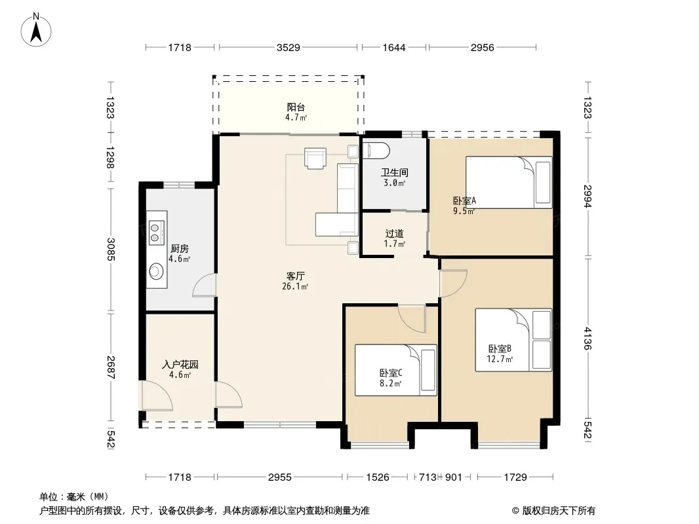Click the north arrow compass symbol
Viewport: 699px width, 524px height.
pyautogui.click(x=36, y=29)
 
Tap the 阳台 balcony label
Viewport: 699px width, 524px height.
pyautogui.click(x=296, y=107)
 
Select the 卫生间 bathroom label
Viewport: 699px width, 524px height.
pyautogui.click(x=394, y=172)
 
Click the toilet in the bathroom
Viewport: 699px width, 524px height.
pyautogui.click(x=376, y=151)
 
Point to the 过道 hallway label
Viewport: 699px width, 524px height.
pyautogui.click(x=395, y=233)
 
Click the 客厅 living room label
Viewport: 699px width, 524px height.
pyautogui.click(x=295, y=276)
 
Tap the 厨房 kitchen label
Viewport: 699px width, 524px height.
pyautogui.click(x=179, y=248)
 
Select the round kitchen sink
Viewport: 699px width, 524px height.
pyautogui.click(x=156, y=271)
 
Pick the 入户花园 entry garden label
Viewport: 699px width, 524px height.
pyautogui.click(x=180, y=365)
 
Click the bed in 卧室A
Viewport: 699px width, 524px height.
pyautogui.click(x=509, y=182)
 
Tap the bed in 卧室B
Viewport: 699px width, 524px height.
pyautogui.click(x=513, y=340)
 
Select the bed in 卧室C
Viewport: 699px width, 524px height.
pyautogui.click(x=395, y=370)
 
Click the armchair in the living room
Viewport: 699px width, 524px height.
pyautogui.click(x=315, y=158)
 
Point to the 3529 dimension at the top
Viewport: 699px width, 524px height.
pyautogui.click(x=288, y=47)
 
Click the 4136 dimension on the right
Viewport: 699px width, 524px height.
pyautogui.click(x=588, y=339)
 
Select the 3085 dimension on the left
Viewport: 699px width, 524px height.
pyautogui.click(x=111, y=250)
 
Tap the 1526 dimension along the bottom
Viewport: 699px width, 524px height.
pyautogui.click(x=378, y=477)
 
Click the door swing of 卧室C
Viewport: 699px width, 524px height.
pyautogui.click(x=412, y=319)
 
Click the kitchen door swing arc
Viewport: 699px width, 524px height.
pyautogui.click(x=205, y=286)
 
